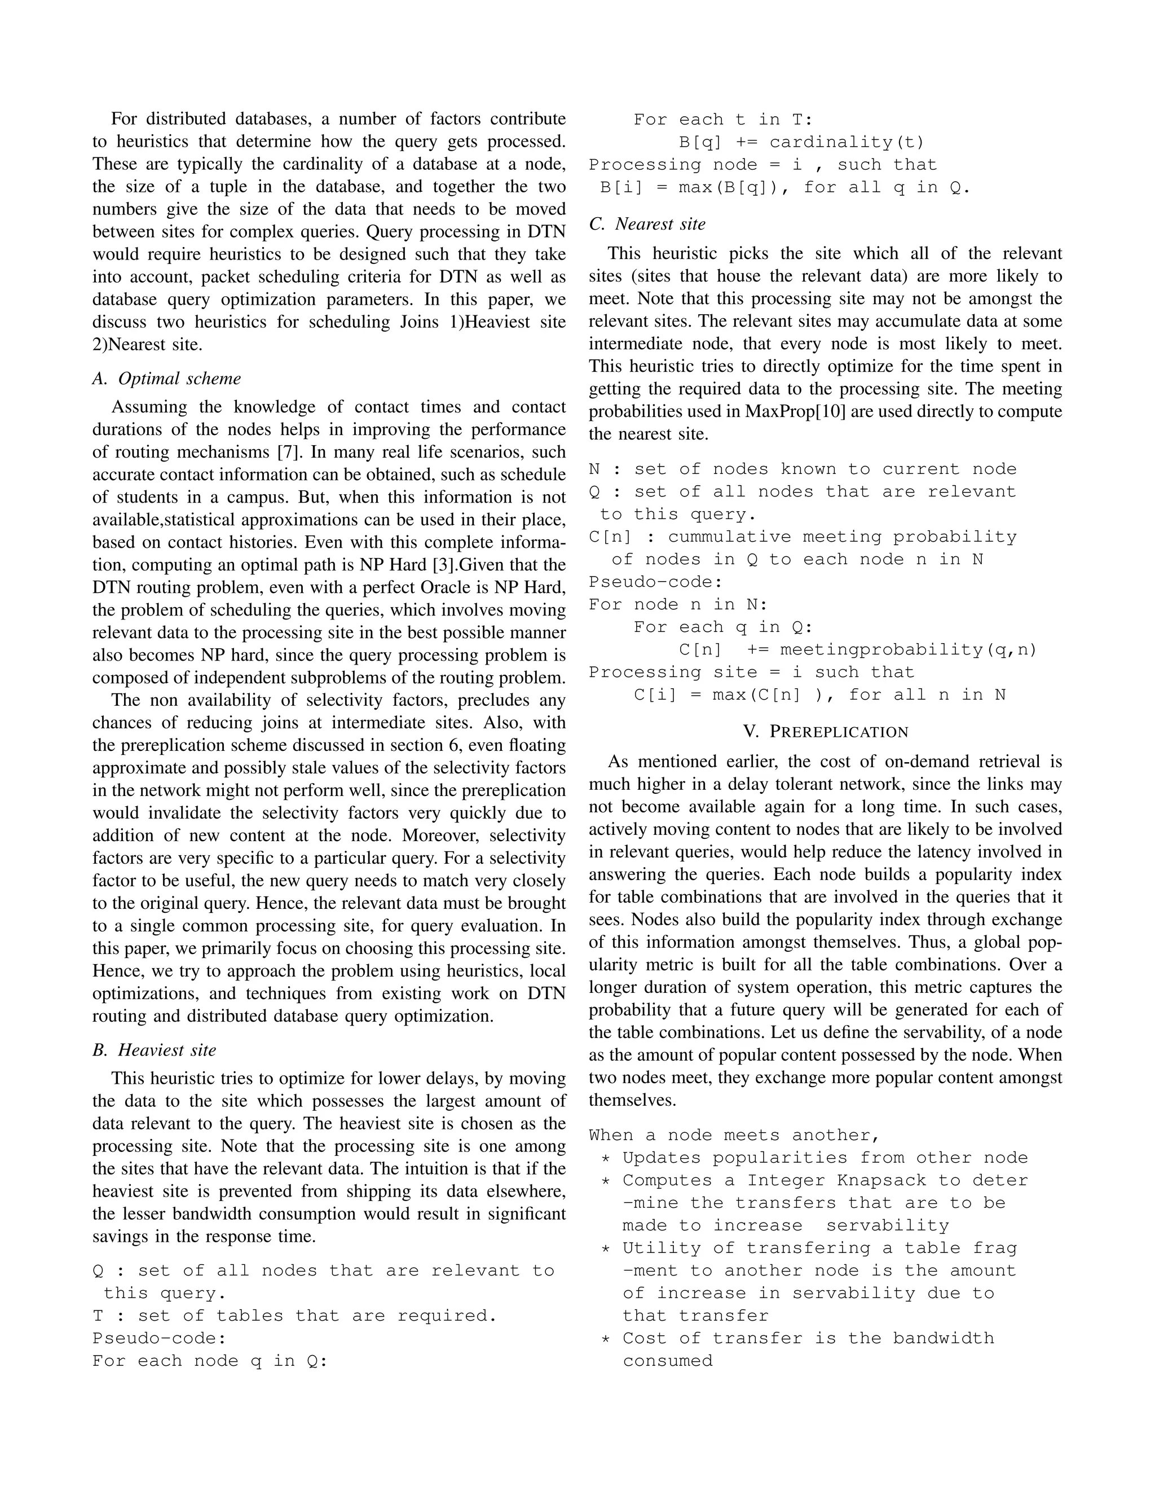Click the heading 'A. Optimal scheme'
click(166, 379)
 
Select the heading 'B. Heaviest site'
click(154, 1050)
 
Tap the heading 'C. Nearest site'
click(647, 224)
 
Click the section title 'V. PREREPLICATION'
click(825, 732)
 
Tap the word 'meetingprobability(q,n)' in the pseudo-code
click(908, 649)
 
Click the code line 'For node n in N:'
click(678, 604)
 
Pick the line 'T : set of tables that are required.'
click(294, 1316)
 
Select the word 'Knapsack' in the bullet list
click(875, 1180)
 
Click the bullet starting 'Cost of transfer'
click(808, 1338)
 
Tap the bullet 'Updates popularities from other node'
click(825, 1158)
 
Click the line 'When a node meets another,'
click(734, 1135)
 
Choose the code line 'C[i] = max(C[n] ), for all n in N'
click(819, 695)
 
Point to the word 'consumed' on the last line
click(667, 1361)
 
